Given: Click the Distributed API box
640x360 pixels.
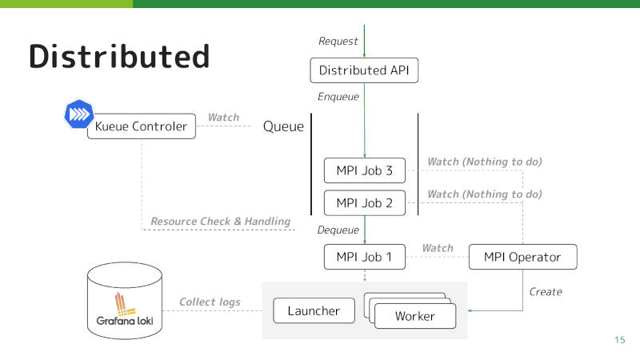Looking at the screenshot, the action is pyautogui.click(x=364, y=70).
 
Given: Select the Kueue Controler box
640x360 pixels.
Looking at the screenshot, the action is pyautogui.click(x=142, y=126).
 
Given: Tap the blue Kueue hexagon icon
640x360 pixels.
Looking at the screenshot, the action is pyautogui.click(x=78, y=114).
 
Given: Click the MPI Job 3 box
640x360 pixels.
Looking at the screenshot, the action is pyautogui.click(x=365, y=170).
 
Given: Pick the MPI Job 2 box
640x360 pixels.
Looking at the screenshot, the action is pyautogui.click(x=365, y=203).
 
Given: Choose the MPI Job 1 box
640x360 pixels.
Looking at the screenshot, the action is pyautogui.click(x=365, y=257).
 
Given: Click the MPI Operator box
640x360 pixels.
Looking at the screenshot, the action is pyautogui.click(x=523, y=257).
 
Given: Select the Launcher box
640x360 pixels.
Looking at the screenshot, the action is pyautogui.click(x=314, y=310).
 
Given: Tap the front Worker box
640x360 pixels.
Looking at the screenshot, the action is pyautogui.click(x=415, y=316).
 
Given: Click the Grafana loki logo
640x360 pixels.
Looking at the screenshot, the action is pyautogui.click(x=125, y=309).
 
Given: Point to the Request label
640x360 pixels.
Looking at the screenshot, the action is pyautogui.click(x=338, y=42).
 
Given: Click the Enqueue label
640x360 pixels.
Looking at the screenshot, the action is pyautogui.click(x=338, y=97).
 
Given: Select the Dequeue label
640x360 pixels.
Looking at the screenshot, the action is pyautogui.click(x=338, y=230).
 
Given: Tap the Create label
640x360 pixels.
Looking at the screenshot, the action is pyautogui.click(x=546, y=292).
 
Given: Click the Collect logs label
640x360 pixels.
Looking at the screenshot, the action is pyautogui.click(x=210, y=302).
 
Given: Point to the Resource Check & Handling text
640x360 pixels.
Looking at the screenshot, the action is pyautogui.click(x=221, y=222).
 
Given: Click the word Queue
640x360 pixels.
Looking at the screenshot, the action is pyautogui.click(x=283, y=126).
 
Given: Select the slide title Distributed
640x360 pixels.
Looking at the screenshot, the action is pyautogui.click(x=119, y=56).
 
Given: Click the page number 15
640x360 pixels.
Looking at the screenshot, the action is pyautogui.click(x=619, y=339).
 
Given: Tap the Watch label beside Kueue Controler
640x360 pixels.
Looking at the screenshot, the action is pyautogui.click(x=223, y=118).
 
